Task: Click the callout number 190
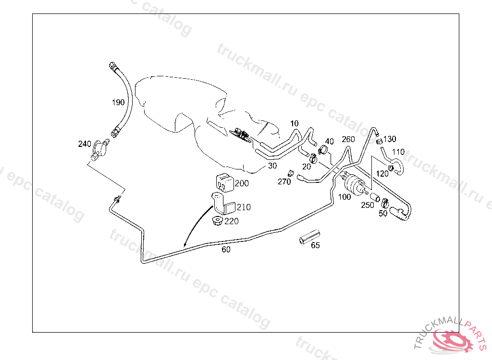click(x=118, y=102)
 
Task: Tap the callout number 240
click(x=85, y=144)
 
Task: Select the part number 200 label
click(x=242, y=183)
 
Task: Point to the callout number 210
click(x=244, y=207)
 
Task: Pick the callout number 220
click(x=232, y=221)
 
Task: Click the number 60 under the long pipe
click(x=226, y=250)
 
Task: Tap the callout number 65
click(x=315, y=245)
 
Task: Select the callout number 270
click(x=284, y=181)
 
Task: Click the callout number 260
click(x=348, y=140)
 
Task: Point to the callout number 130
click(x=390, y=139)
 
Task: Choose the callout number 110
click(x=398, y=152)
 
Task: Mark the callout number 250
click(x=368, y=205)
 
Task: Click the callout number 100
click(x=344, y=197)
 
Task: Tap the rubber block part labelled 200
click(x=223, y=181)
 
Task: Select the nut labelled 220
click(x=217, y=222)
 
